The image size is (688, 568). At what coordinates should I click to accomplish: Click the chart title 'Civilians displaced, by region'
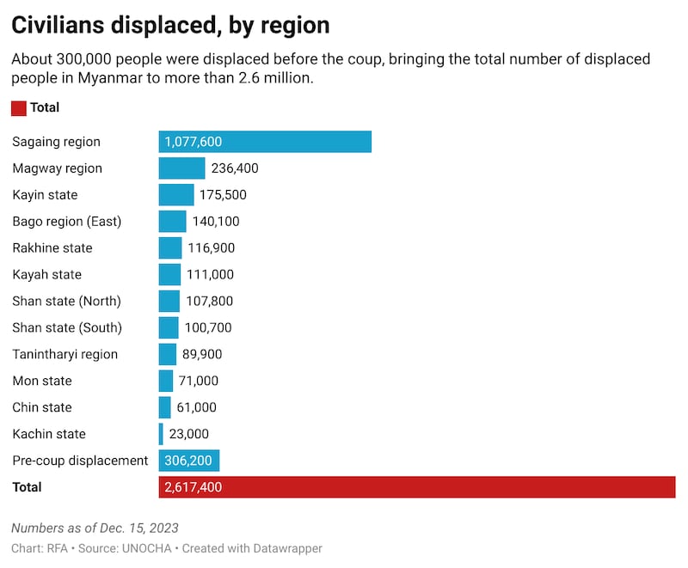click(x=169, y=25)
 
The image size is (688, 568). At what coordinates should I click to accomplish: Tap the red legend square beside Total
click(x=18, y=108)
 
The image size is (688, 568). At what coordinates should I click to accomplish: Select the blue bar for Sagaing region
click(x=265, y=142)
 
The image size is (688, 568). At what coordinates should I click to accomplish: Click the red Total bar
click(x=417, y=487)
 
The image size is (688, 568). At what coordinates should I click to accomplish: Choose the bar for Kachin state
click(x=161, y=434)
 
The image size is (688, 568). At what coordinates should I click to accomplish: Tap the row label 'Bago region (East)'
click(x=67, y=222)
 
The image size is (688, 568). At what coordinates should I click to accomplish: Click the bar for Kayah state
click(x=169, y=275)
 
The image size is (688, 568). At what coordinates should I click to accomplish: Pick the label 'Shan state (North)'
click(x=66, y=302)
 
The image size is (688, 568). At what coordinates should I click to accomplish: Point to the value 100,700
click(x=208, y=328)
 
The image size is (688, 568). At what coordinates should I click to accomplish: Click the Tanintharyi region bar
click(x=168, y=354)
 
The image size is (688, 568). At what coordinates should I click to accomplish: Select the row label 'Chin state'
click(x=42, y=407)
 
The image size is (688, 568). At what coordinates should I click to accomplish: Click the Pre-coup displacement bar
click(x=189, y=461)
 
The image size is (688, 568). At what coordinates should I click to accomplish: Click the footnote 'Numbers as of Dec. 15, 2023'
click(x=95, y=528)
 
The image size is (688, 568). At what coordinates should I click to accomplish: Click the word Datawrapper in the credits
click(x=286, y=548)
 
